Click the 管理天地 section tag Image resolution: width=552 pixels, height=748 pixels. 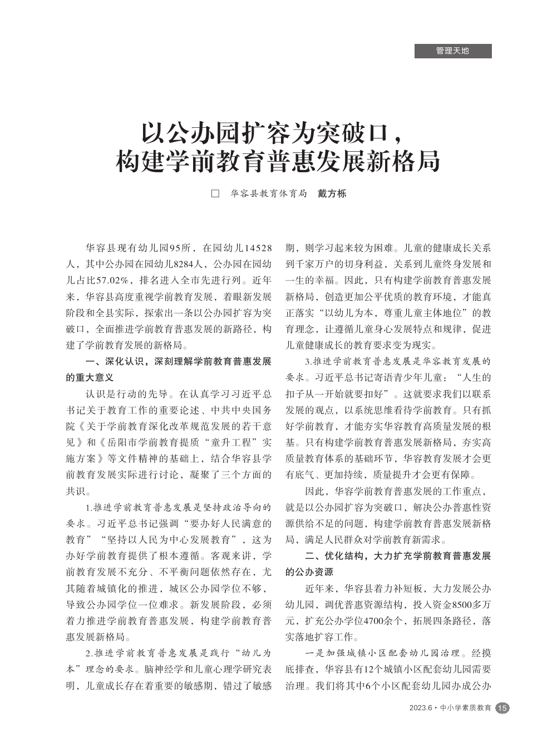[452, 51]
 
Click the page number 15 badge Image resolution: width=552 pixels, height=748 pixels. [502, 708]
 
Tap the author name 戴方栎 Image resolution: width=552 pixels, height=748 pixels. [332, 194]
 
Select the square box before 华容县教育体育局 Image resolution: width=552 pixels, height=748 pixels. [216, 194]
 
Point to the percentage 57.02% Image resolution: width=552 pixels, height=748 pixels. [113, 280]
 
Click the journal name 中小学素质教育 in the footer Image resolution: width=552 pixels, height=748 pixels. [465, 708]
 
